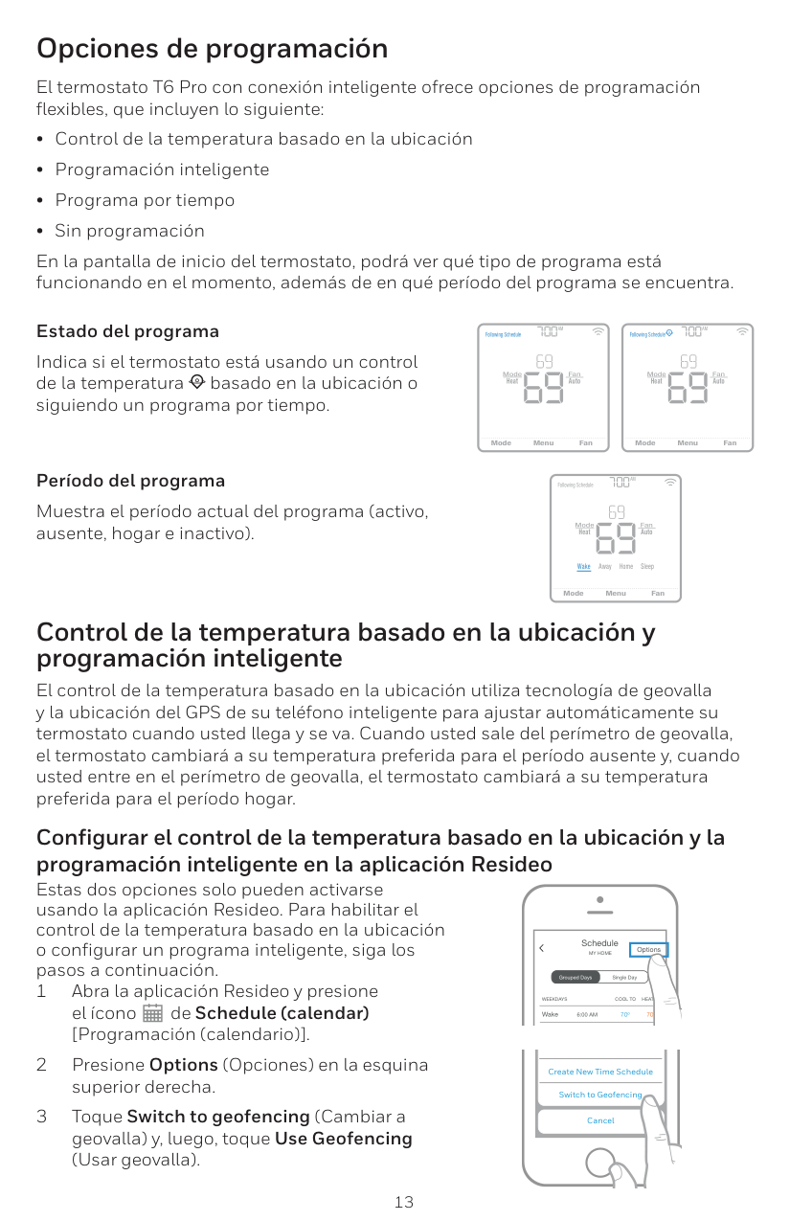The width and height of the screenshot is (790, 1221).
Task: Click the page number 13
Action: [404, 1202]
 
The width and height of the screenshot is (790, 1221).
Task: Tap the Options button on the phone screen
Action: [648, 950]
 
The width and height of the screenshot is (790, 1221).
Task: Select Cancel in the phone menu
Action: [600, 1120]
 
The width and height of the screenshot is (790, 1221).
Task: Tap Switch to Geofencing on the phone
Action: [600, 1095]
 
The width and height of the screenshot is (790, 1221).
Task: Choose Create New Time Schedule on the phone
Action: [600, 1072]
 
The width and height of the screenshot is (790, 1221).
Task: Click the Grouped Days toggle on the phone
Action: [576, 978]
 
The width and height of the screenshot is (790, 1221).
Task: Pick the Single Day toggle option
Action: [624, 978]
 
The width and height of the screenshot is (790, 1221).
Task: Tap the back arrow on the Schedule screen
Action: [541, 948]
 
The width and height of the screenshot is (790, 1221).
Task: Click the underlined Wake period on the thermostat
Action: [584, 567]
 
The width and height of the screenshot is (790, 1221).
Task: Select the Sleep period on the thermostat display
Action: [647, 567]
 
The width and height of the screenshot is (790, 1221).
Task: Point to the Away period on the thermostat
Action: [605, 567]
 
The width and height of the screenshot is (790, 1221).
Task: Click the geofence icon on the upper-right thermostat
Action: [669, 333]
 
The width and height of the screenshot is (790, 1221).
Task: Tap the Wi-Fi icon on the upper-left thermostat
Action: [598, 332]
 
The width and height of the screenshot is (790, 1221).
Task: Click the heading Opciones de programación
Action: [212, 48]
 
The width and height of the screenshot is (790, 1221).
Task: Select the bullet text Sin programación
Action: [129, 231]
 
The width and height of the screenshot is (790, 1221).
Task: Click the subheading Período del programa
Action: [130, 481]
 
